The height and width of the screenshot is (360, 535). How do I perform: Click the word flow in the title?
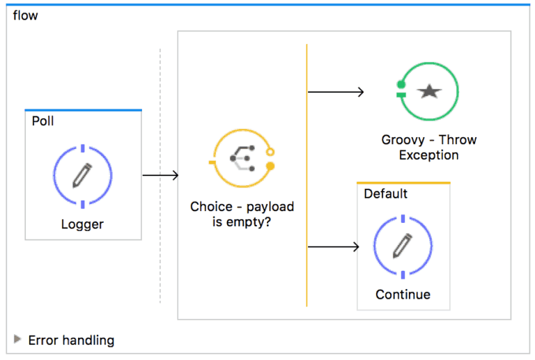(25, 15)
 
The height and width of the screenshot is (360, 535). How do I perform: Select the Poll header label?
(42, 120)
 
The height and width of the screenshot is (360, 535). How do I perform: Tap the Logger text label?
(82, 224)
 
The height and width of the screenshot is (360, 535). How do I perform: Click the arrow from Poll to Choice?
(160, 175)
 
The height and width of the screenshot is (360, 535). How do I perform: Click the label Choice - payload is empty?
(242, 214)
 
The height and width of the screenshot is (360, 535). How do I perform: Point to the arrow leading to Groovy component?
(336, 91)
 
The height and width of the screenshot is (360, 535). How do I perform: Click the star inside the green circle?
(429, 91)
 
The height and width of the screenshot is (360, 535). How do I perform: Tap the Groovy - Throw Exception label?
(428, 147)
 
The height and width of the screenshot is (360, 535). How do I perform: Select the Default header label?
(385, 194)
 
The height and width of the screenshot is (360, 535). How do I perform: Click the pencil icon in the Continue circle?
(403, 245)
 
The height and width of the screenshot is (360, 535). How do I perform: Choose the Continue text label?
(403, 295)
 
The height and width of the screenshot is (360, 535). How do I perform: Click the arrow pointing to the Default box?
(333, 246)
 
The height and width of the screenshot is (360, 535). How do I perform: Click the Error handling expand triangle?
(17, 339)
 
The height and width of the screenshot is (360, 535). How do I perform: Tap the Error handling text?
(71, 341)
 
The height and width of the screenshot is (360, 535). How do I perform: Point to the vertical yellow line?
(307, 174)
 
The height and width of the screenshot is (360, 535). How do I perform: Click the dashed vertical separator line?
(160, 244)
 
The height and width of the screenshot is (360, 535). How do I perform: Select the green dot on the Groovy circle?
(401, 84)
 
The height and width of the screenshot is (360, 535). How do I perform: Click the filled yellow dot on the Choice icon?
(270, 166)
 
